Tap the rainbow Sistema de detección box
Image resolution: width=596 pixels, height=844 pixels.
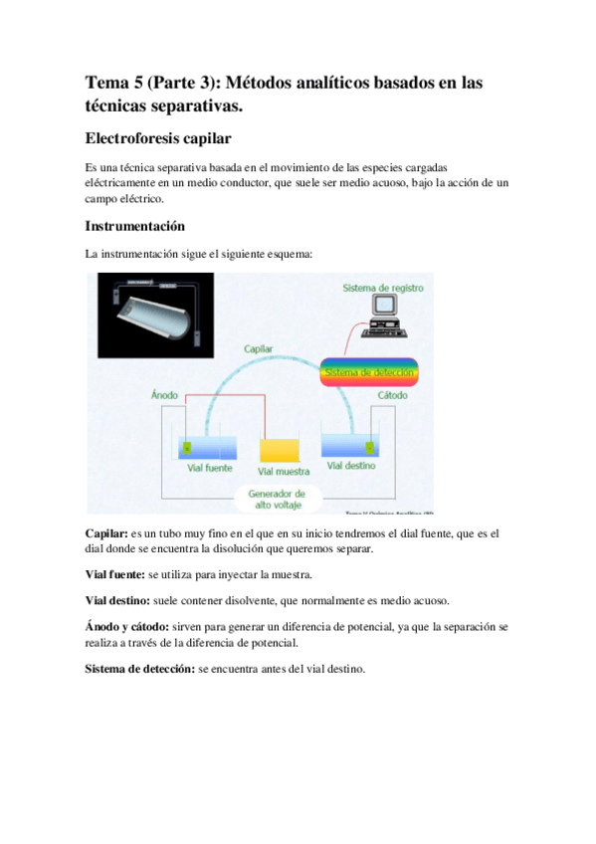tap(368, 373)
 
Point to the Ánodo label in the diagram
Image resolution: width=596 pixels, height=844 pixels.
tap(164, 395)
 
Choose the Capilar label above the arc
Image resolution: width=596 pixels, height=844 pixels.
tap(260, 349)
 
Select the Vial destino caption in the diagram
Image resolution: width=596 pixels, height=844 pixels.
tap(351, 466)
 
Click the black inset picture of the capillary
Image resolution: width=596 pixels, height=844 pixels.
tap(154, 316)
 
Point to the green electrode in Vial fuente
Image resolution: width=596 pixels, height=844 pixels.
tap(186, 446)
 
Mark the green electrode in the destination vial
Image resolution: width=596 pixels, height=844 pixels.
tap(369, 446)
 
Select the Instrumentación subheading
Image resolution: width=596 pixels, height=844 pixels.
tap(134, 226)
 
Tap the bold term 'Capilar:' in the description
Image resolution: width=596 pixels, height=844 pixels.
tap(106, 534)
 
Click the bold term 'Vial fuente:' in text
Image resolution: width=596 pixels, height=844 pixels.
tap(114, 575)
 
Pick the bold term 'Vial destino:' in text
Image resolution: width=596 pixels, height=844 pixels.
tap(117, 601)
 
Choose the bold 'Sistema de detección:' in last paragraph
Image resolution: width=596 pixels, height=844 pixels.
tap(140, 670)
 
